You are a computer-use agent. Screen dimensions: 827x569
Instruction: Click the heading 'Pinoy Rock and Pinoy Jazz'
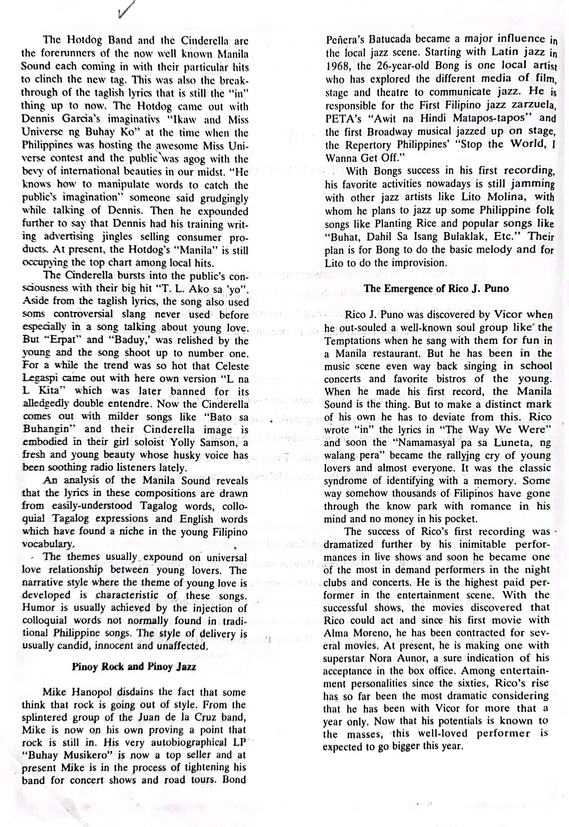(x=134, y=666)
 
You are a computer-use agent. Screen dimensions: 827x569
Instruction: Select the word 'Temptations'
(x=348, y=341)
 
